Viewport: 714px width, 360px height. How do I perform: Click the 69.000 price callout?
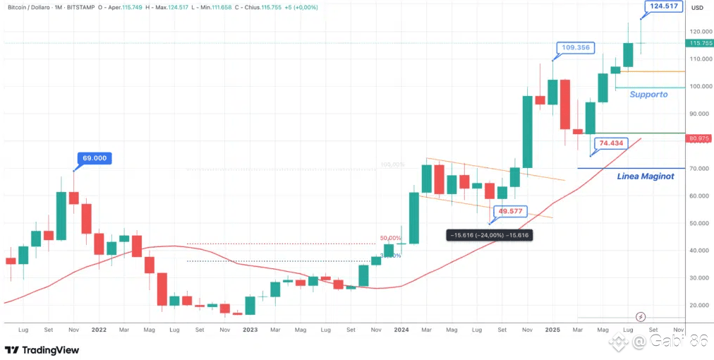95,158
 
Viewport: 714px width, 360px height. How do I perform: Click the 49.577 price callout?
511,211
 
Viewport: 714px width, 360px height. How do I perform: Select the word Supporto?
648,95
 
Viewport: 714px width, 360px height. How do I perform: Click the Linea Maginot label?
646,176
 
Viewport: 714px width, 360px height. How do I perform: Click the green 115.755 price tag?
698,43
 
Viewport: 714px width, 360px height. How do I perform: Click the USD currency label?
697,8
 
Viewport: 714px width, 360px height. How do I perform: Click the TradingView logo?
42,350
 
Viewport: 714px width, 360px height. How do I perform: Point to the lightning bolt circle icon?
641,317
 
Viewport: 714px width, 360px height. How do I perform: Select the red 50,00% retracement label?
391,239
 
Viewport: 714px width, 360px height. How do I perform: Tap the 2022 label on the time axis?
98,330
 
